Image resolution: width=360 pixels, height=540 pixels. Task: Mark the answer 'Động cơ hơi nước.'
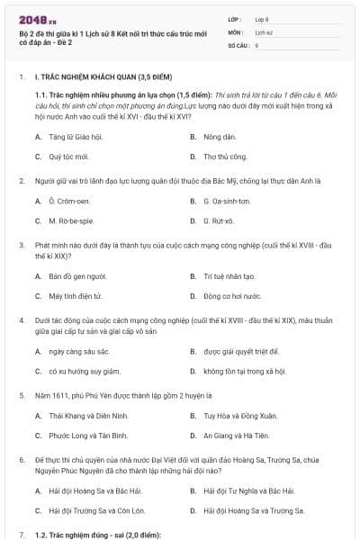coord(232,295)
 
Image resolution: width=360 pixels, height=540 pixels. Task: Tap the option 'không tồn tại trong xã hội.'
coord(245,370)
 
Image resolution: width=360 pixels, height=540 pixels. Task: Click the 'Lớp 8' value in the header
coord(262,18)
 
